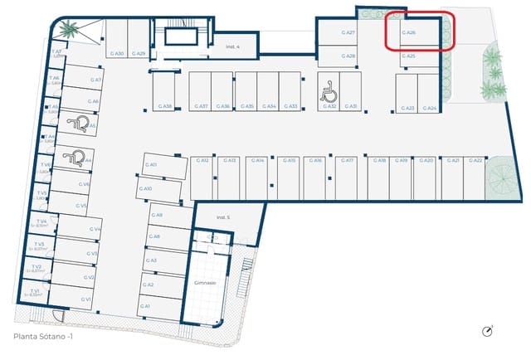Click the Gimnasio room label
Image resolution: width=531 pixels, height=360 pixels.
pos(205,283)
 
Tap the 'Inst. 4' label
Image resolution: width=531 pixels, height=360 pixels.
pos(233,47)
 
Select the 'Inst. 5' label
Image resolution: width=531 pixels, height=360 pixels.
pos(222,217)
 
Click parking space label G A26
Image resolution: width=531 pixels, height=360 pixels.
pos(408,33)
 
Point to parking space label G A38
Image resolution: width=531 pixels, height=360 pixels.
pos(165,107)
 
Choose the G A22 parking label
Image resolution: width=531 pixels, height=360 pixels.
pos(477,160)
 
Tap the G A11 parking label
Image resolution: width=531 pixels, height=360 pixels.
pos(151,165)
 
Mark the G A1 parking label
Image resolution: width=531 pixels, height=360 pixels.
pos(145,306)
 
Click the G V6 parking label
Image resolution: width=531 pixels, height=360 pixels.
pos(84,184)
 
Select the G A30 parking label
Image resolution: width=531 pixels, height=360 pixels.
pos(117,54)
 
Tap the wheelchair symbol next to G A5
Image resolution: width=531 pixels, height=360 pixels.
pos(83,124)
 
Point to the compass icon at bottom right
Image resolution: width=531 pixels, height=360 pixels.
pos(488,332)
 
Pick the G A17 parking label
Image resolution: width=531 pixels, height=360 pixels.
pos(348,160)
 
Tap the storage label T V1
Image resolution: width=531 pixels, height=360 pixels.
pos(35,291)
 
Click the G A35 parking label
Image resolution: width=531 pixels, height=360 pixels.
pos(246,107)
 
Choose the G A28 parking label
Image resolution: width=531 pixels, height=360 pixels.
pos(348,56)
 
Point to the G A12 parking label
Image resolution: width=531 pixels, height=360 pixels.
pos(202,160)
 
